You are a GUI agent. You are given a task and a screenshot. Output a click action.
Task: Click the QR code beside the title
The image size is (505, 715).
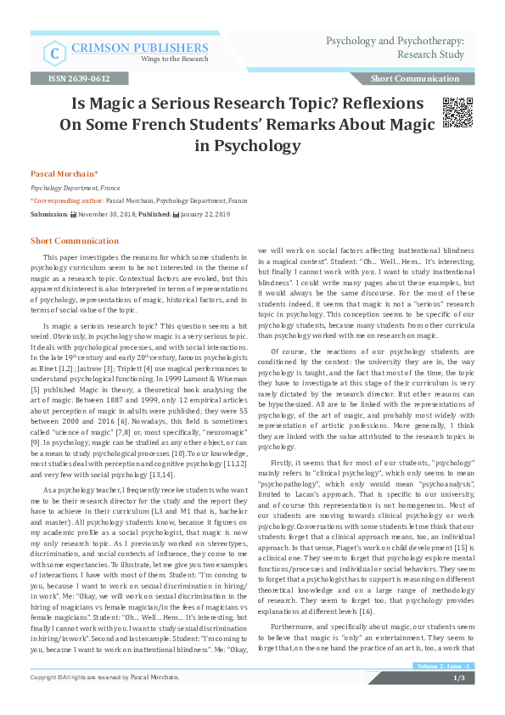coord(458,112)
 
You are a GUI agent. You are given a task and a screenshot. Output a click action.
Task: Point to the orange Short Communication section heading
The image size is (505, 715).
coord(76,241)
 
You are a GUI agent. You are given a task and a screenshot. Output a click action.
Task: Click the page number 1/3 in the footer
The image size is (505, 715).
coord(458,701)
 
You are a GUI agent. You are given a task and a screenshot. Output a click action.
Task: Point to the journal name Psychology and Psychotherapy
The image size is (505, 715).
coord(395,40)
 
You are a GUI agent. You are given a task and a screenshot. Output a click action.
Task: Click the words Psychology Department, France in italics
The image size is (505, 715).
coord(76,188)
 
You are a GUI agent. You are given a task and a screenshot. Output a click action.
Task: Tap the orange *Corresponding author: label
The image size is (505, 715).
coord(67,201)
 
